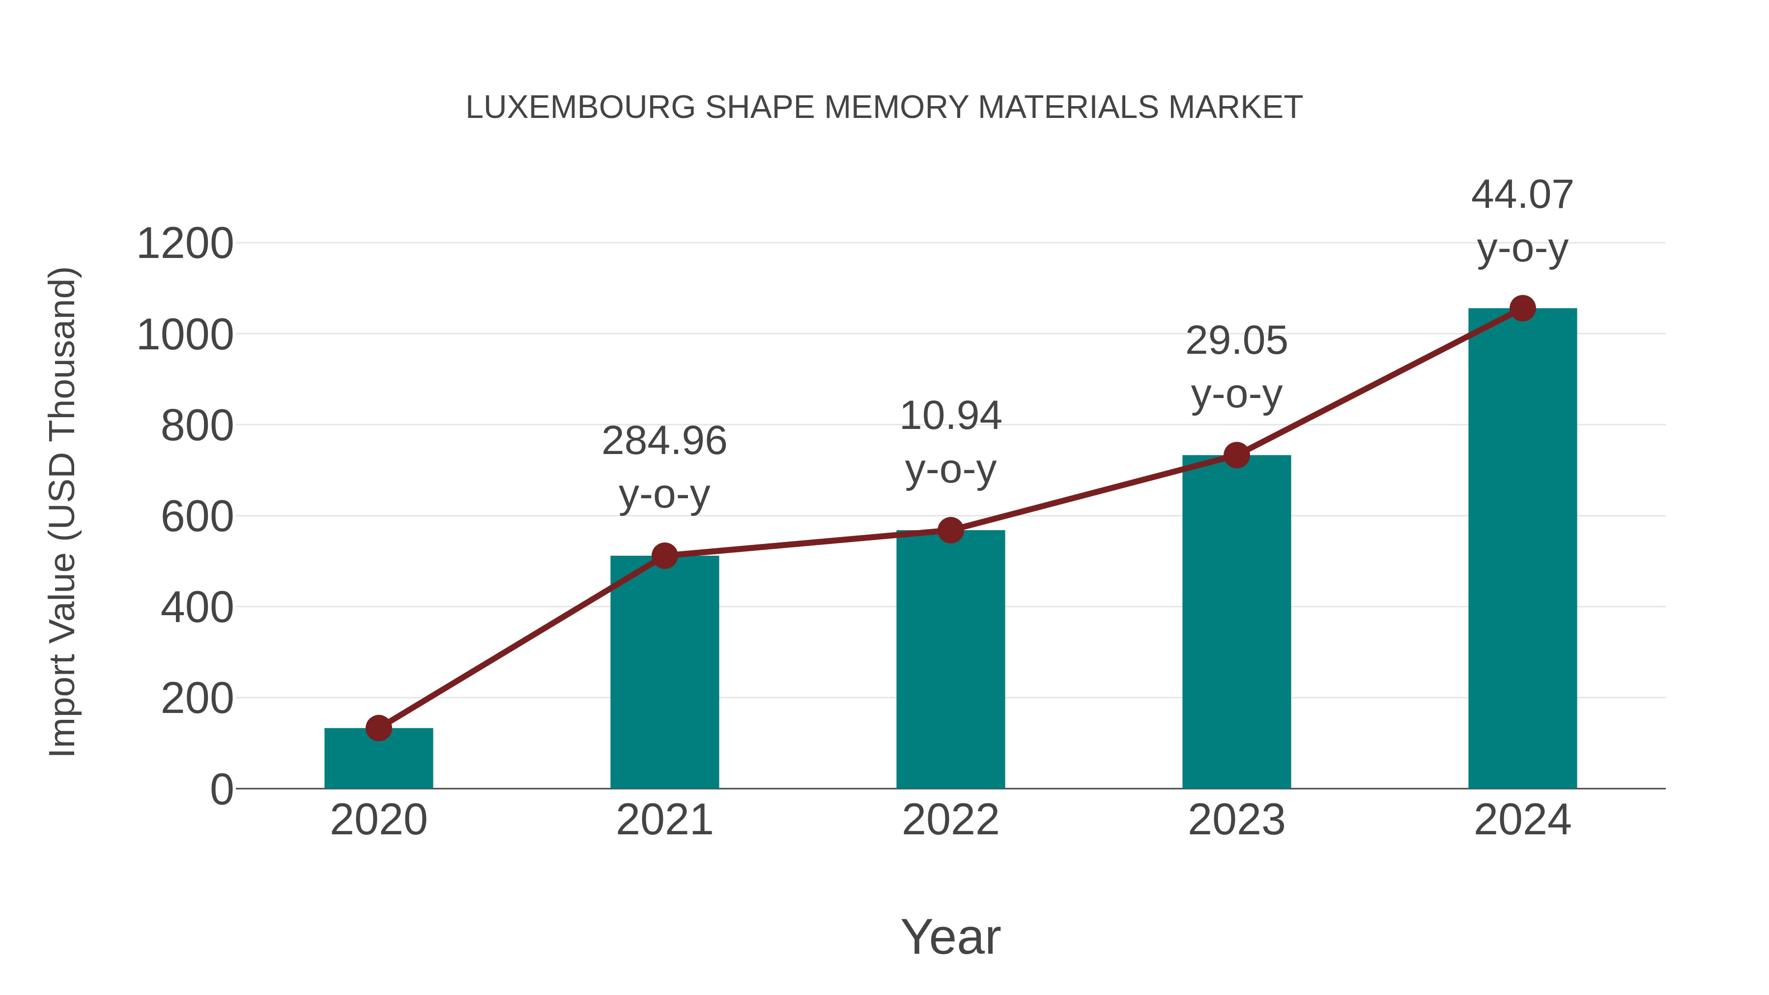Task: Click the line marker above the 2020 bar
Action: point(378,728)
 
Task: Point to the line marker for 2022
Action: point(950,530)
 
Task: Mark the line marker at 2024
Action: point(1522,308)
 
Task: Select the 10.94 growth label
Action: point(950,416)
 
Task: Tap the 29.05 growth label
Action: point(1236,341)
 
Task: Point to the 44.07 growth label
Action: point(1522,195)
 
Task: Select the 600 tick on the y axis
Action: point(197,517)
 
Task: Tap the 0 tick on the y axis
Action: point(221,790)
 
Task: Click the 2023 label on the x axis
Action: point(1236,820)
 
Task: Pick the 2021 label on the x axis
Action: point(664,820)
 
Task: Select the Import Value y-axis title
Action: point(62,512)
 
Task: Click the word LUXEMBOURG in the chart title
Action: point(580,108)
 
